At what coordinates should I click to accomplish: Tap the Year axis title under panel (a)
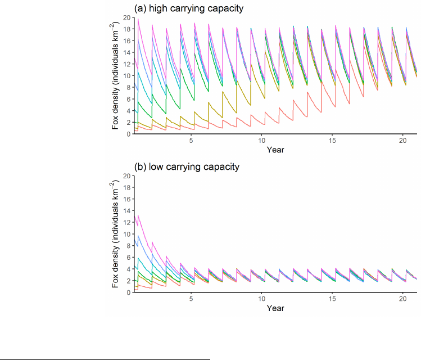point(275,150)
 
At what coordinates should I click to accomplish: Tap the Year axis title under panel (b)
point(275,308)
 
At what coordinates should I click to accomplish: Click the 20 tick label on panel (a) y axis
point(127,17)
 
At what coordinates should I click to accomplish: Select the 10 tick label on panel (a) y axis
point(127,75)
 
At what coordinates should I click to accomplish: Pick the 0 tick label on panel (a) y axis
point(129,133)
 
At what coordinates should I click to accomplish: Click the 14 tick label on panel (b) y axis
point(127,211)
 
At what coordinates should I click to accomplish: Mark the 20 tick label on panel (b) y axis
point(127,176)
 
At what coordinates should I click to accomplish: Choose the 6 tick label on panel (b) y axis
point(129,257)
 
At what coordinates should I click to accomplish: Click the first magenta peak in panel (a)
point(138,19)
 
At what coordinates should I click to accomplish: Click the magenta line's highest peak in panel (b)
point(138,215)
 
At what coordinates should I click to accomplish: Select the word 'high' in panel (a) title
point(158,8)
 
